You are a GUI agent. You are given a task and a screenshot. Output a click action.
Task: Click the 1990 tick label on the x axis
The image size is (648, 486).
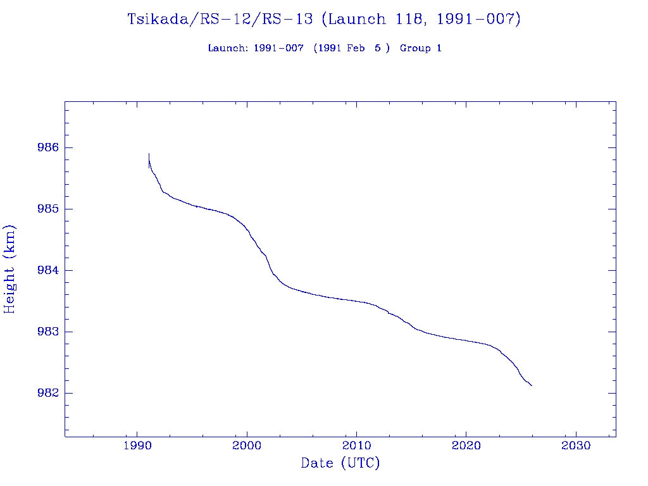click(137, 445)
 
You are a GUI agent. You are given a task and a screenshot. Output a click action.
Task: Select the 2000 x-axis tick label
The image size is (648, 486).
click(247, 445)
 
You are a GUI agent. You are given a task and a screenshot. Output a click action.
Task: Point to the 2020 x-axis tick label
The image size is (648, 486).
click(466, 445)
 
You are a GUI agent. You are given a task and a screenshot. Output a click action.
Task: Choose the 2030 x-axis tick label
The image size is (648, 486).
click(576, 445)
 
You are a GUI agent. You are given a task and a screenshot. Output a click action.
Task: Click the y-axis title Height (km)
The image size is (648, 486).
click(10, 269)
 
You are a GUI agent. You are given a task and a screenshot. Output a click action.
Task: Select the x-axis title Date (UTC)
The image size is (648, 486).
click(340, 464)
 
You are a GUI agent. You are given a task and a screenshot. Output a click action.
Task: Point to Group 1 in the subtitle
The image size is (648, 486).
click(421, 49)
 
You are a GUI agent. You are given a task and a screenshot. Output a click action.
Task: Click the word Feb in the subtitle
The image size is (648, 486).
click(355, 49)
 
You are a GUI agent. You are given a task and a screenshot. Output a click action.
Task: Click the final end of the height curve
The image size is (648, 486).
click(532, 385)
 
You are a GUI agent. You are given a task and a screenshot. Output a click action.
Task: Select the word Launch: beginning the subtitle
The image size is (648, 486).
click(228, 49)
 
